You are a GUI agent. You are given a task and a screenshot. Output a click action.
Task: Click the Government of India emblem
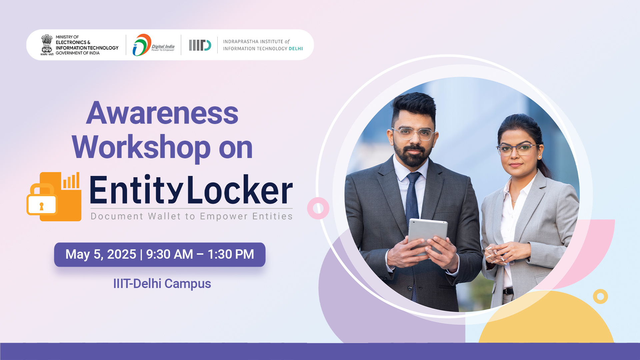tap(47, 45)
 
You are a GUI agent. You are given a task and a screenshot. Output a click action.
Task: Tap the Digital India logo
tap(153, 45)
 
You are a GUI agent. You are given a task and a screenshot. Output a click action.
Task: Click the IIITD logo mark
tap(200, 45)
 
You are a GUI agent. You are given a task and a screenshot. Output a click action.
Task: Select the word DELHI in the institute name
tap(296, 49)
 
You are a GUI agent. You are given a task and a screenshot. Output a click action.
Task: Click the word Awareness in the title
tap(162, 113)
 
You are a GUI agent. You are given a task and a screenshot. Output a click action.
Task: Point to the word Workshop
tap(141, 148)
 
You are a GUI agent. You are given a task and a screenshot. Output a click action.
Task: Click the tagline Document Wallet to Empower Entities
tap(192, 216)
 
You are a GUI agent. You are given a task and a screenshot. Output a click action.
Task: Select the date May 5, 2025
tap(101, 254)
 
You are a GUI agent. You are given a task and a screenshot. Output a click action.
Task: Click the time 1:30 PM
tap(231, 254)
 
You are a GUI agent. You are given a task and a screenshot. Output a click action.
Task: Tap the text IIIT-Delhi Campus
tap(162, 284)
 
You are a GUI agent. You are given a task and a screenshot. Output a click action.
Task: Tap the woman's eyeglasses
tap(517, 150)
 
